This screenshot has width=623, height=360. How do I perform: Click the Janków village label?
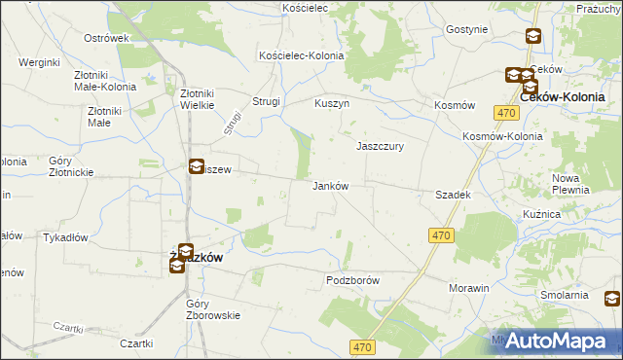click(x=329, y=186)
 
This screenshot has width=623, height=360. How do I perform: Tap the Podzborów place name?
click(x=350, y=280)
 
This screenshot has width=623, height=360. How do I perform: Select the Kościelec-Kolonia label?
click(x=301, y=56)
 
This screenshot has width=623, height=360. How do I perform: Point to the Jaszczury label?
click(x=380, y=146)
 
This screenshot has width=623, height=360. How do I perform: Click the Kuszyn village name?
click(x=332, y=102)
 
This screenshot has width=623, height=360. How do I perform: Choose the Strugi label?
click(x=267, y=101)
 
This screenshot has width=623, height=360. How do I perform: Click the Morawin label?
click(x=468, y=289)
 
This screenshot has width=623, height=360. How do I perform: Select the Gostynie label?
click(x=466, y=29)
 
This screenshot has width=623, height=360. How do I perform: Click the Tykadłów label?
click(x=66, y=237)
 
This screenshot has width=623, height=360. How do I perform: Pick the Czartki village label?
click(x=137, y=343)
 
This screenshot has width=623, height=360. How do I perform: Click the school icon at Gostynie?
click(x=533, y=37)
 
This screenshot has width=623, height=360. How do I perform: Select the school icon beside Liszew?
click(x=197, y=166)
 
